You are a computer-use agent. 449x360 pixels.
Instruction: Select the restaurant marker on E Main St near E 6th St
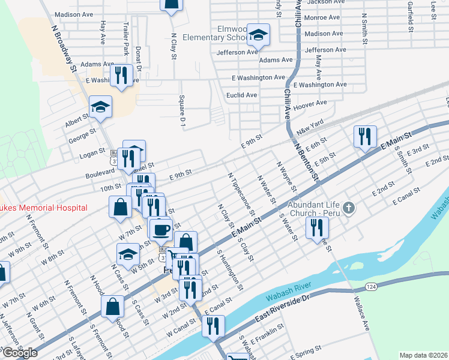click(x=365, y=137)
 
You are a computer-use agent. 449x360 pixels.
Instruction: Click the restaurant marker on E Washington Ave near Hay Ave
click(x=122, y=75)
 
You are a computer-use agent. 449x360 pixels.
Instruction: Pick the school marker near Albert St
click(x=100, y=107)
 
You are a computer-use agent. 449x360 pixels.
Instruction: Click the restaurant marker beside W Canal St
click(x=212, y=326)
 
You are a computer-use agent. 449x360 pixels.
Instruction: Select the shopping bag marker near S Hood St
click(x=112, y=307)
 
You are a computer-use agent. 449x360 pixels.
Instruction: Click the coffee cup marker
click(x=160, y=229)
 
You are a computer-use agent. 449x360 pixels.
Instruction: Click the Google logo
click(x=20, y=353)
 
